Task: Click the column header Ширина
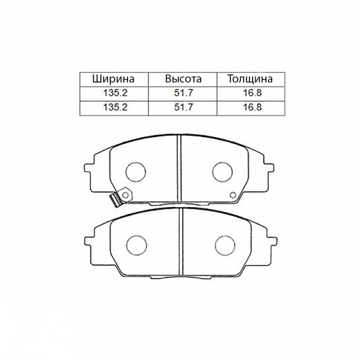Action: [112, 78]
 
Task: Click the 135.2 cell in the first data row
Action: [112, 93]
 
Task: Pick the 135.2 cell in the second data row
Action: [112, 108]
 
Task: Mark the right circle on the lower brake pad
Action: [224, 244]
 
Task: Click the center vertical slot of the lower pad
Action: [179, 242]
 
